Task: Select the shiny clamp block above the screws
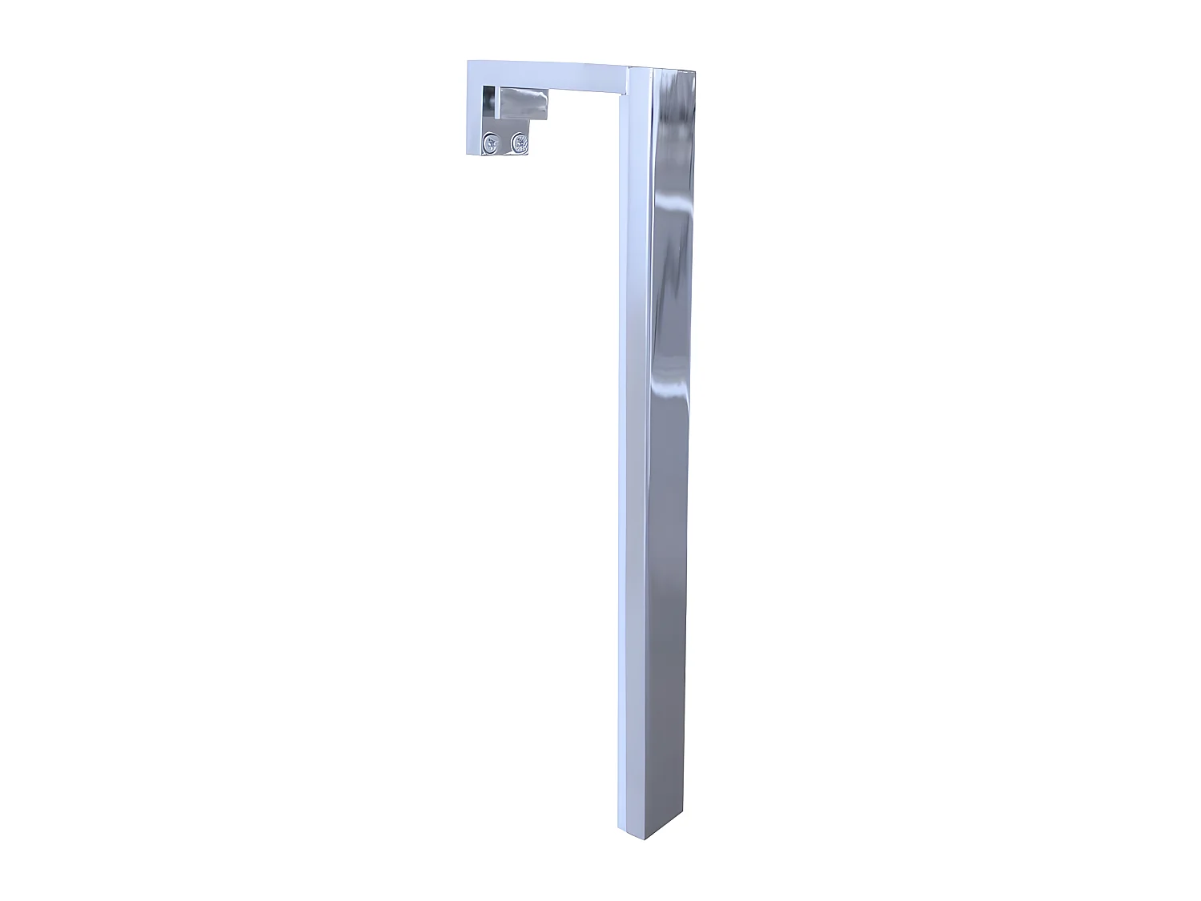click(x=524, y=104)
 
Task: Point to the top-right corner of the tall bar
click(x=694, y=71)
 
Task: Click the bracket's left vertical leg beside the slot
click(x=476, y=112)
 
